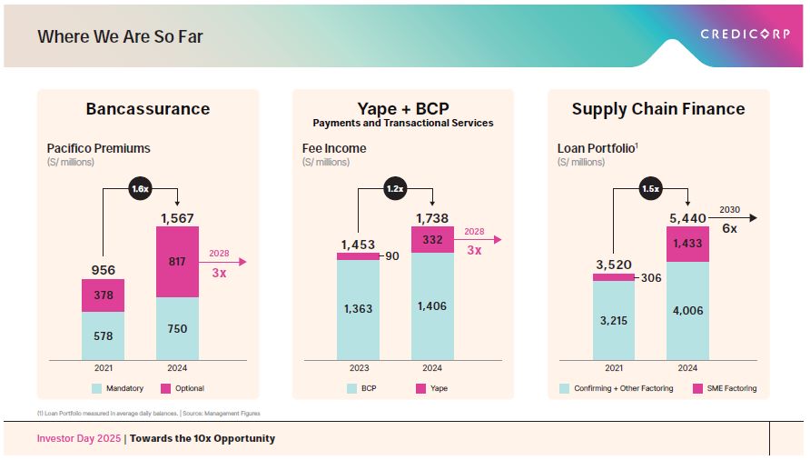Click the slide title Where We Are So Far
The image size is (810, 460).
point(120,37)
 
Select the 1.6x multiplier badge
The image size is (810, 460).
point(140,189)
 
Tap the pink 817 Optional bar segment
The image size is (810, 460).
point(177,262)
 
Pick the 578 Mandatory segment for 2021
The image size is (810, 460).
point(103,335)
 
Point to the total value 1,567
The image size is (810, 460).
point(177,218)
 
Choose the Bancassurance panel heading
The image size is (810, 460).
point(147,109)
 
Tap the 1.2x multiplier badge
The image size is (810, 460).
point(395,189)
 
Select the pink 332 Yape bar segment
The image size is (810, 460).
point(432,239)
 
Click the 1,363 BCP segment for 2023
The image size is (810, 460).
point(358,309)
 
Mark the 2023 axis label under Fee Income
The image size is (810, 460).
point(358,368)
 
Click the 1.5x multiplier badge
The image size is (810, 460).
point(650,189)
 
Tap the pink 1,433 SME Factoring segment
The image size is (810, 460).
point(687,244)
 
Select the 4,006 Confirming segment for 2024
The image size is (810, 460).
point(687,310)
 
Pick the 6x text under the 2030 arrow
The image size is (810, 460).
point(729,229)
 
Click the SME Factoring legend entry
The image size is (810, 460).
point(724,388)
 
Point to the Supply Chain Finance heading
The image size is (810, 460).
point(657,109)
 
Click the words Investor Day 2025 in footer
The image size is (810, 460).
point(78,438)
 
